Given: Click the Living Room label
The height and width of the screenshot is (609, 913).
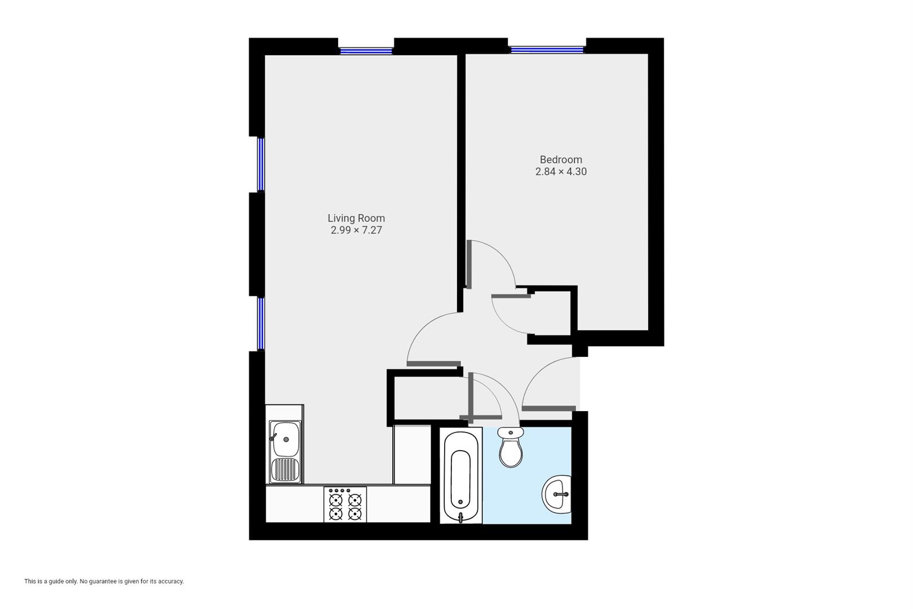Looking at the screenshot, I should [356, 218].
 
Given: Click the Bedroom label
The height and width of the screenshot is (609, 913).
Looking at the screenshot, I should [560, 160].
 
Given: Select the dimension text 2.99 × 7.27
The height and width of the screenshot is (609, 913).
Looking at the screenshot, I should [356, 230].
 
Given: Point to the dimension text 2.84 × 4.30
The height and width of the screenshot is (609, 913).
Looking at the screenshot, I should [560, 171].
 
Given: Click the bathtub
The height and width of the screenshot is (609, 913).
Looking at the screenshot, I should [461, 476].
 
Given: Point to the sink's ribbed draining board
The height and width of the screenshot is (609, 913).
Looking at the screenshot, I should [285, 469].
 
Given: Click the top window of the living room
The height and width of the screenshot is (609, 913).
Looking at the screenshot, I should [366, 51].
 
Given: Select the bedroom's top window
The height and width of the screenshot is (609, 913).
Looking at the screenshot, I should [547, 50].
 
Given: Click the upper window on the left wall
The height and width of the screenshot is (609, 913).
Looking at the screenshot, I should [261, 165].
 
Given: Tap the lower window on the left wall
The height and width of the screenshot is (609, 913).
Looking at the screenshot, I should [261, 323].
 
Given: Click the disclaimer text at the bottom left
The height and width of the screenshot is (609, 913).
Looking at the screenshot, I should [104, 581].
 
